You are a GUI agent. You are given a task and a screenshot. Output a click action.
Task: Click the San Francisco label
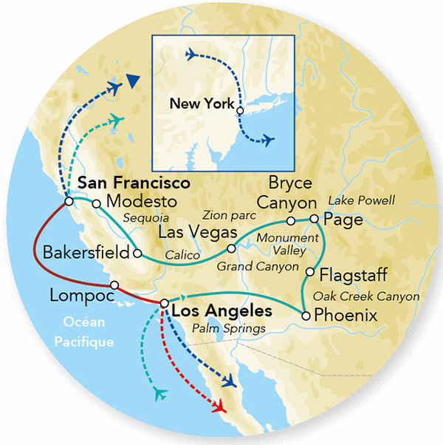(134, 182)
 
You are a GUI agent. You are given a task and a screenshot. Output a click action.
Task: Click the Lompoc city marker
(114, 285)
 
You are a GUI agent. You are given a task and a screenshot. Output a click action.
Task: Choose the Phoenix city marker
(305, 316)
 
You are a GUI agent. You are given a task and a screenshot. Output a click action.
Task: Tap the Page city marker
(314, 220)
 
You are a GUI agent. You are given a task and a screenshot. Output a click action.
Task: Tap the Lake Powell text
(362, 200)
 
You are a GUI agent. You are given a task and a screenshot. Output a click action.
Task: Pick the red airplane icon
(219, 406)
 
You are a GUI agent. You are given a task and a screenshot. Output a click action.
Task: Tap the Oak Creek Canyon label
(366, 296)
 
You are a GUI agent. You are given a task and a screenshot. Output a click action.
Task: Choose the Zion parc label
(233, 216)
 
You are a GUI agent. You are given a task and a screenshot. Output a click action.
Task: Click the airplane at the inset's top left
(193, 55)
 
